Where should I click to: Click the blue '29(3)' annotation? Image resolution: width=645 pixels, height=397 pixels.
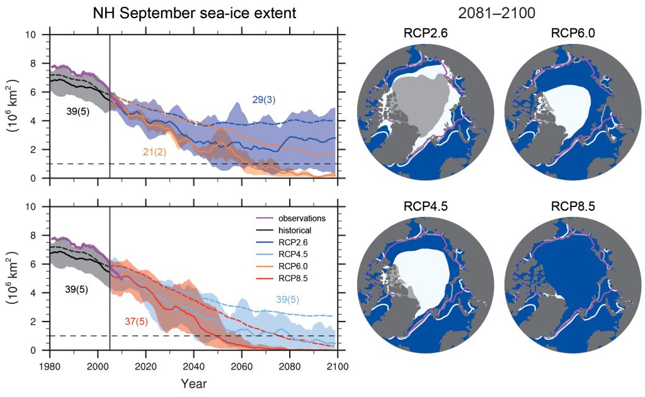pos(264,99)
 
